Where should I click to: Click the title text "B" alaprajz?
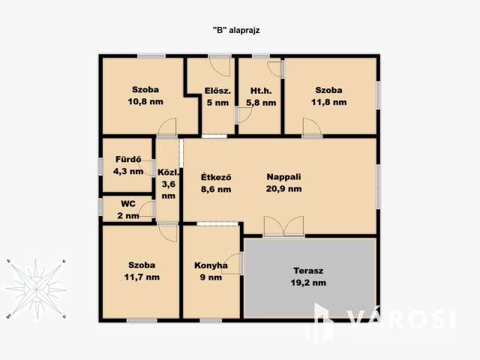236,30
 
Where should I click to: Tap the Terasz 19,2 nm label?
308,277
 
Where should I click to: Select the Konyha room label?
211,271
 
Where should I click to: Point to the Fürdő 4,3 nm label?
128,165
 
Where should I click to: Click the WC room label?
128,210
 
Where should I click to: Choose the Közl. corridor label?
168,184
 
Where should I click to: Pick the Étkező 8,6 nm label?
216,183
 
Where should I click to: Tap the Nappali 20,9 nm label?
283,183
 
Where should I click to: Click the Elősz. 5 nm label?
217,97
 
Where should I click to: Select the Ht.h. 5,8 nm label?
261,97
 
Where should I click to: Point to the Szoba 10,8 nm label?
145,95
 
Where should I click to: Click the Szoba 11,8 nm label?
328,96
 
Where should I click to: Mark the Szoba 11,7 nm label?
142,271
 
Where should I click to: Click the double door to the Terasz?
284,226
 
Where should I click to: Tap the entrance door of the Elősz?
220,66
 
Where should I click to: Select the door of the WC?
147,210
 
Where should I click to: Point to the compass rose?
36,289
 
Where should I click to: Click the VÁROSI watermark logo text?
401,319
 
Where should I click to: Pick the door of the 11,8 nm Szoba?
312,127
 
